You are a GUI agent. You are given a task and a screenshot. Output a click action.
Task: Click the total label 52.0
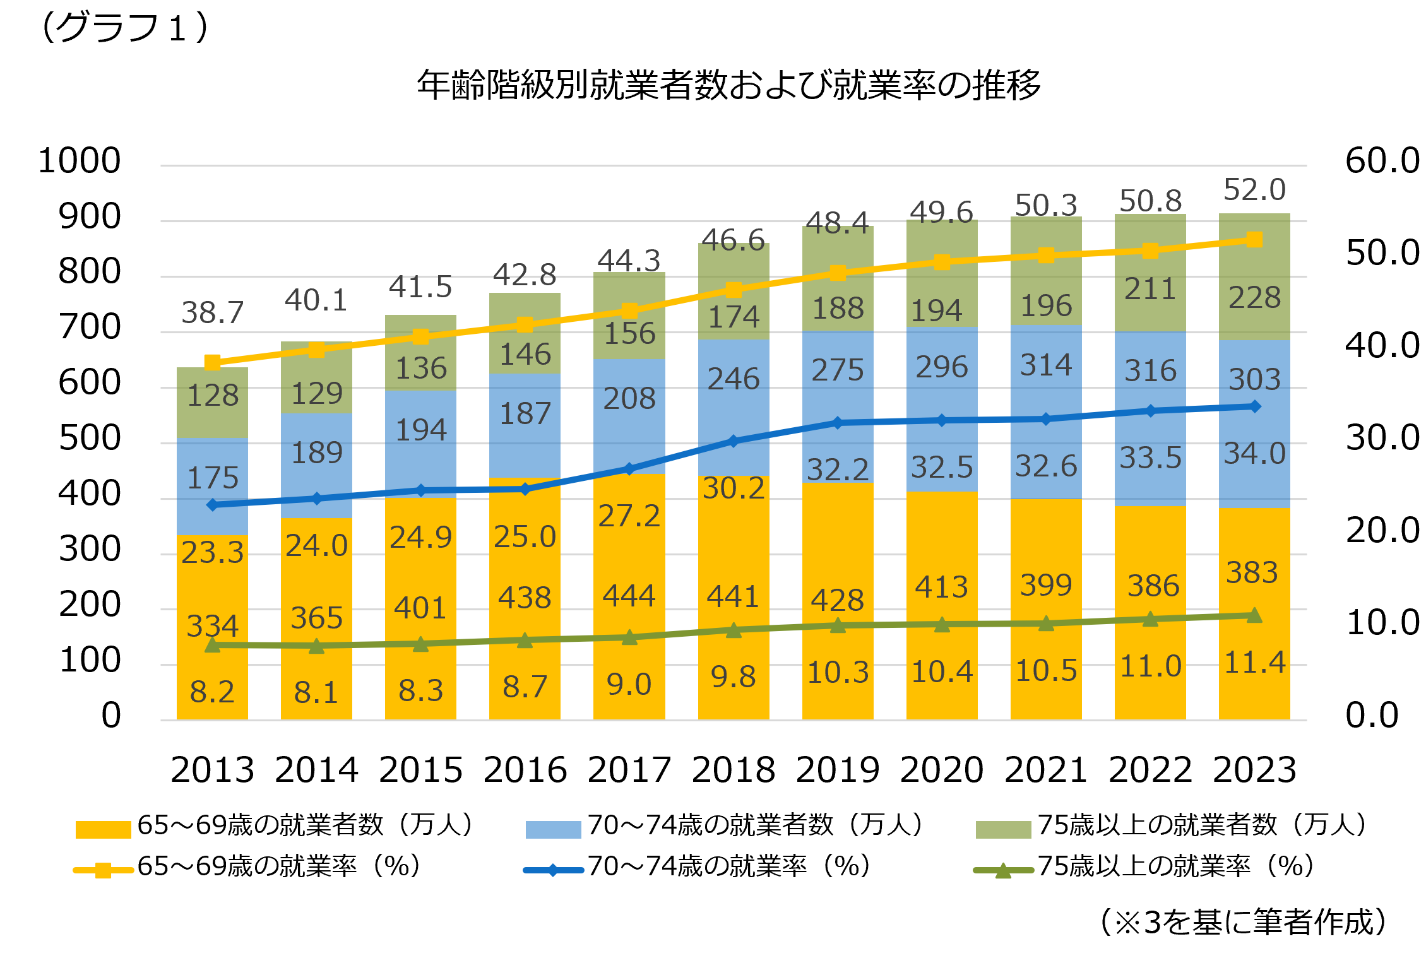1254,189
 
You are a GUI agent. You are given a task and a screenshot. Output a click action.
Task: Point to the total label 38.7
213,312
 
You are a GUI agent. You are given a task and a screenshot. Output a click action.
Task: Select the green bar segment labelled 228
1254,297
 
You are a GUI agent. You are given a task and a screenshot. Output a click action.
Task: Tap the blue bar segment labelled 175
213,478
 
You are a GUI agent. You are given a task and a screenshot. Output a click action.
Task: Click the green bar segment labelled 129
316,393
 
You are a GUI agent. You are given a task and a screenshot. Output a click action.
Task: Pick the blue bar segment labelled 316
1150,370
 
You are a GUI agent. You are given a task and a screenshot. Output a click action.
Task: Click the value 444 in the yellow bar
629,596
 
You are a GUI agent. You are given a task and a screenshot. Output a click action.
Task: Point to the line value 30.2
734,488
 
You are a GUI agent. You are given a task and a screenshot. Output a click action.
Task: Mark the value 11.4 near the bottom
1254,663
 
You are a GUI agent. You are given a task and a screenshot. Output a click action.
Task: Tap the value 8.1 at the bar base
316,692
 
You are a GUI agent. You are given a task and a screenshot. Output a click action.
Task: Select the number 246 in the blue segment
734,379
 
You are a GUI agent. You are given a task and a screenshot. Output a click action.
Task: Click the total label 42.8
525,274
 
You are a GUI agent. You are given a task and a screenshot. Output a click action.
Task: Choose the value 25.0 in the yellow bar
525,537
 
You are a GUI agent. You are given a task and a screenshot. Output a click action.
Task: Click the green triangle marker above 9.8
734,630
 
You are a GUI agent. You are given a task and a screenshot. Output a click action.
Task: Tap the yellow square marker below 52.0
1254,240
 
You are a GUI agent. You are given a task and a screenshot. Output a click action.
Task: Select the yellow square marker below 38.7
213,362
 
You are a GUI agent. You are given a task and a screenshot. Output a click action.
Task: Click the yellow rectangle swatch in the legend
104,830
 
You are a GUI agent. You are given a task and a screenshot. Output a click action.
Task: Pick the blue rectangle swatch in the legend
554,830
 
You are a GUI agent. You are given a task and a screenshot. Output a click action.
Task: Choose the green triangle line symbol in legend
1003,871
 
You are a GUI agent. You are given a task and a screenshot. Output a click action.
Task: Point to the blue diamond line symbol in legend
554,870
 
